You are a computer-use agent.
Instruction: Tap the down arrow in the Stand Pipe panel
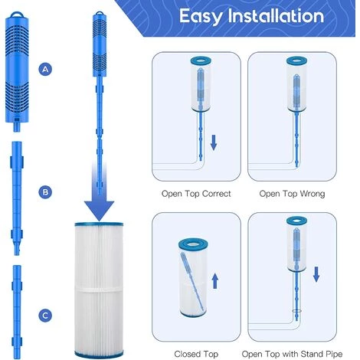tap(316, 274)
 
